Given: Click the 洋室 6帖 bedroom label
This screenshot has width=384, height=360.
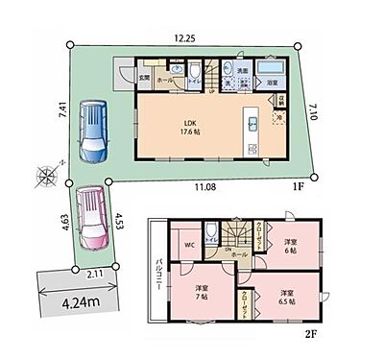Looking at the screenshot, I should tap(290, 247).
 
